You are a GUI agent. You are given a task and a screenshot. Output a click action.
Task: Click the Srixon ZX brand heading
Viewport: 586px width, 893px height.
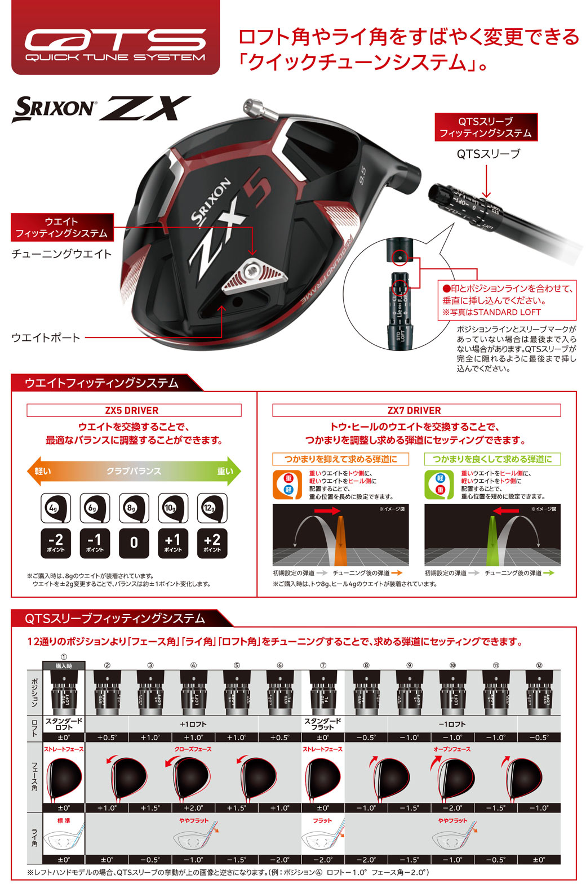tap(101, 109)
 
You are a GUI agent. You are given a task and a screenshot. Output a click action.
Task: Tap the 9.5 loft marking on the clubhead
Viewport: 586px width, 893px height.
tap(362, 175)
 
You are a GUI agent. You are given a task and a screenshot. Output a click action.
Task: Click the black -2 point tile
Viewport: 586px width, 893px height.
tap(55, 543)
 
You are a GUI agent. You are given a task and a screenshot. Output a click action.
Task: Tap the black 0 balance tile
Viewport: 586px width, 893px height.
tap(134, 543)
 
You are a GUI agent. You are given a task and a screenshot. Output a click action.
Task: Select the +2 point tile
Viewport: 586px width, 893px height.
tap(212, 543)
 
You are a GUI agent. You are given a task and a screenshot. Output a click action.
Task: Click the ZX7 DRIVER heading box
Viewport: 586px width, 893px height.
tap(416, 410)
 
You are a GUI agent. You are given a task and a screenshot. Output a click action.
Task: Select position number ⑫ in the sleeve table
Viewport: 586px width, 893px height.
tap(539, 665)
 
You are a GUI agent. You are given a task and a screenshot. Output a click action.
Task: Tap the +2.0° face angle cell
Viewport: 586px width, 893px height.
tap(193, 808)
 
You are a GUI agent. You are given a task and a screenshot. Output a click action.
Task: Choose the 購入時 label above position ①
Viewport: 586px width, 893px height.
tap(64, 666)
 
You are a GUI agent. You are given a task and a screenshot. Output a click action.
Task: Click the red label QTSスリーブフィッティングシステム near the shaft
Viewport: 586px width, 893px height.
tap(486, 127)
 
